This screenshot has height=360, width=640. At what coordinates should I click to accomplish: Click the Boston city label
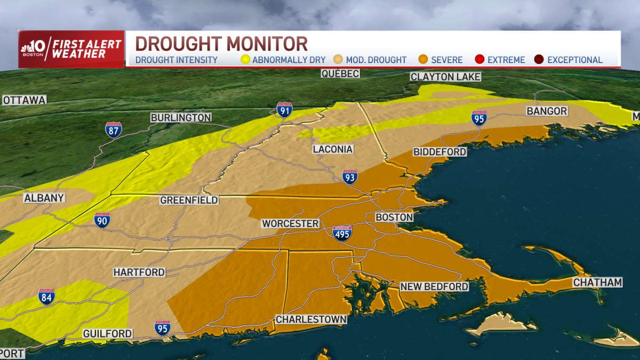point(394,217)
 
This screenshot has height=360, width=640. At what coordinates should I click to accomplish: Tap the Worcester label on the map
point(290,223)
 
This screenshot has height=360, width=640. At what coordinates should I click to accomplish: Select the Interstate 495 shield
point(342,233)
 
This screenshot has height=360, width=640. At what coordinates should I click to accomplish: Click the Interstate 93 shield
point(349,177)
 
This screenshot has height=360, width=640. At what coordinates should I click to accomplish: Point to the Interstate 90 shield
point(102,220)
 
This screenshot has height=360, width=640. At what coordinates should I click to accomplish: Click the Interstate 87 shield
point(113,130)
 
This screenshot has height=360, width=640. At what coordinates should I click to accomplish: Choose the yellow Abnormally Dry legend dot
point(245,60)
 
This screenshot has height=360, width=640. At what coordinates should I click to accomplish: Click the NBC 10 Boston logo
point(34,49)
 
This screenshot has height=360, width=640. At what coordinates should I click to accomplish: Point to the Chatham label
point(597,282)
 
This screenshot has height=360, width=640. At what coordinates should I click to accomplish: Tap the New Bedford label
point(434,286)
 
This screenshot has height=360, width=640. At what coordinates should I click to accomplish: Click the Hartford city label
point(139,272)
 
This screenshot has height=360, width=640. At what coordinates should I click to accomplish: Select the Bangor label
point(547,111)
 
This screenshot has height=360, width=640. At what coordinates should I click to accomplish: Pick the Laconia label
point(333,149)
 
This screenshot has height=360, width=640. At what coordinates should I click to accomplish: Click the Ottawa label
point(24,100)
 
